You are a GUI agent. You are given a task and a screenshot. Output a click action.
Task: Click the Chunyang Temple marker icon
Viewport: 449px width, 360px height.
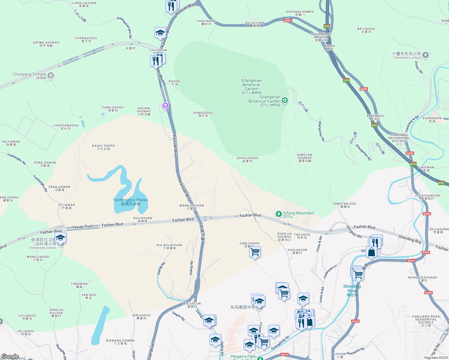pyautogui.click(x=51, y=75)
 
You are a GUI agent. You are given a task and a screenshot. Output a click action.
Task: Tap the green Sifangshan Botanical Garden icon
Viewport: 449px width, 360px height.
pyautogui.click(x=285, y=100)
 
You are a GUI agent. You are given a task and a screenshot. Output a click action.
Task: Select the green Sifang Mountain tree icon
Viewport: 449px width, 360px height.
pyautogui.click(x=279, y=214)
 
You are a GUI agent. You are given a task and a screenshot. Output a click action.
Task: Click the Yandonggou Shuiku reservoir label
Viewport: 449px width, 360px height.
pyautogui.click(x=130, y=202)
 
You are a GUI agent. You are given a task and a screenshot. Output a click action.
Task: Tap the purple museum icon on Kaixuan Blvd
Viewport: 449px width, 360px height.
pyautogui.click(x=165, y=106)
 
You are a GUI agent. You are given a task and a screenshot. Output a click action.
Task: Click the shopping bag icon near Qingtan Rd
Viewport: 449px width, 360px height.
pyautogui.click(x=371, y=252)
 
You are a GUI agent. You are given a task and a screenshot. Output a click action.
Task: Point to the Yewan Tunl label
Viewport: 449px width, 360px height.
pyautogui.click(x=82, y=227)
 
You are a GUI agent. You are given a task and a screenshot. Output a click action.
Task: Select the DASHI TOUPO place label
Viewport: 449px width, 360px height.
pyautogui.click(x=103, y=147)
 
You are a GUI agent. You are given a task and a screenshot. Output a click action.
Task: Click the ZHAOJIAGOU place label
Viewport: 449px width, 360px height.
pyautogui.click(x=247, y=159)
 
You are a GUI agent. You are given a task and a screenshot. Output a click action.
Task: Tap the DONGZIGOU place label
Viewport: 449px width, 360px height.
pyautogui.click(x=203, y=114)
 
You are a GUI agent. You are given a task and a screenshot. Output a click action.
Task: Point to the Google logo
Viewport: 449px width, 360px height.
pyautogui.click(x=10, y=356)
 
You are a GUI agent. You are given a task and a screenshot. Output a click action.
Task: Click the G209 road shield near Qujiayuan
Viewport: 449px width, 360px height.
pyautogui.click(x=287, y=21)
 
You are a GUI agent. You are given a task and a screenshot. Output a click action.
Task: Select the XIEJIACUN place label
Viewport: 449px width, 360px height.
pyautogui.click(x=192, y=305)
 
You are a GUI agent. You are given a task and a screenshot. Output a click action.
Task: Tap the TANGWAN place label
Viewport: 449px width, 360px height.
pyautogui.click(x=79, y=285)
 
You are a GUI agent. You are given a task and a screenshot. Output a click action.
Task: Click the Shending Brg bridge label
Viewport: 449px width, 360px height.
pyautogui.click(x=410, y=239)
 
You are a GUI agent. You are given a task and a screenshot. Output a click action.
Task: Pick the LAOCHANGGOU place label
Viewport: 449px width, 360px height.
pyautogui.click(x=66, y=127)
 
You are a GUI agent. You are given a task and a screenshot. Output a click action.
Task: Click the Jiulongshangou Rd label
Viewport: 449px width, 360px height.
pyautogui.click(x=124, y=27)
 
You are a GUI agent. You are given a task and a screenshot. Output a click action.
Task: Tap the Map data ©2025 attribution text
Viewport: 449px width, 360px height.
pyautogui.click(x=436, y=358)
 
